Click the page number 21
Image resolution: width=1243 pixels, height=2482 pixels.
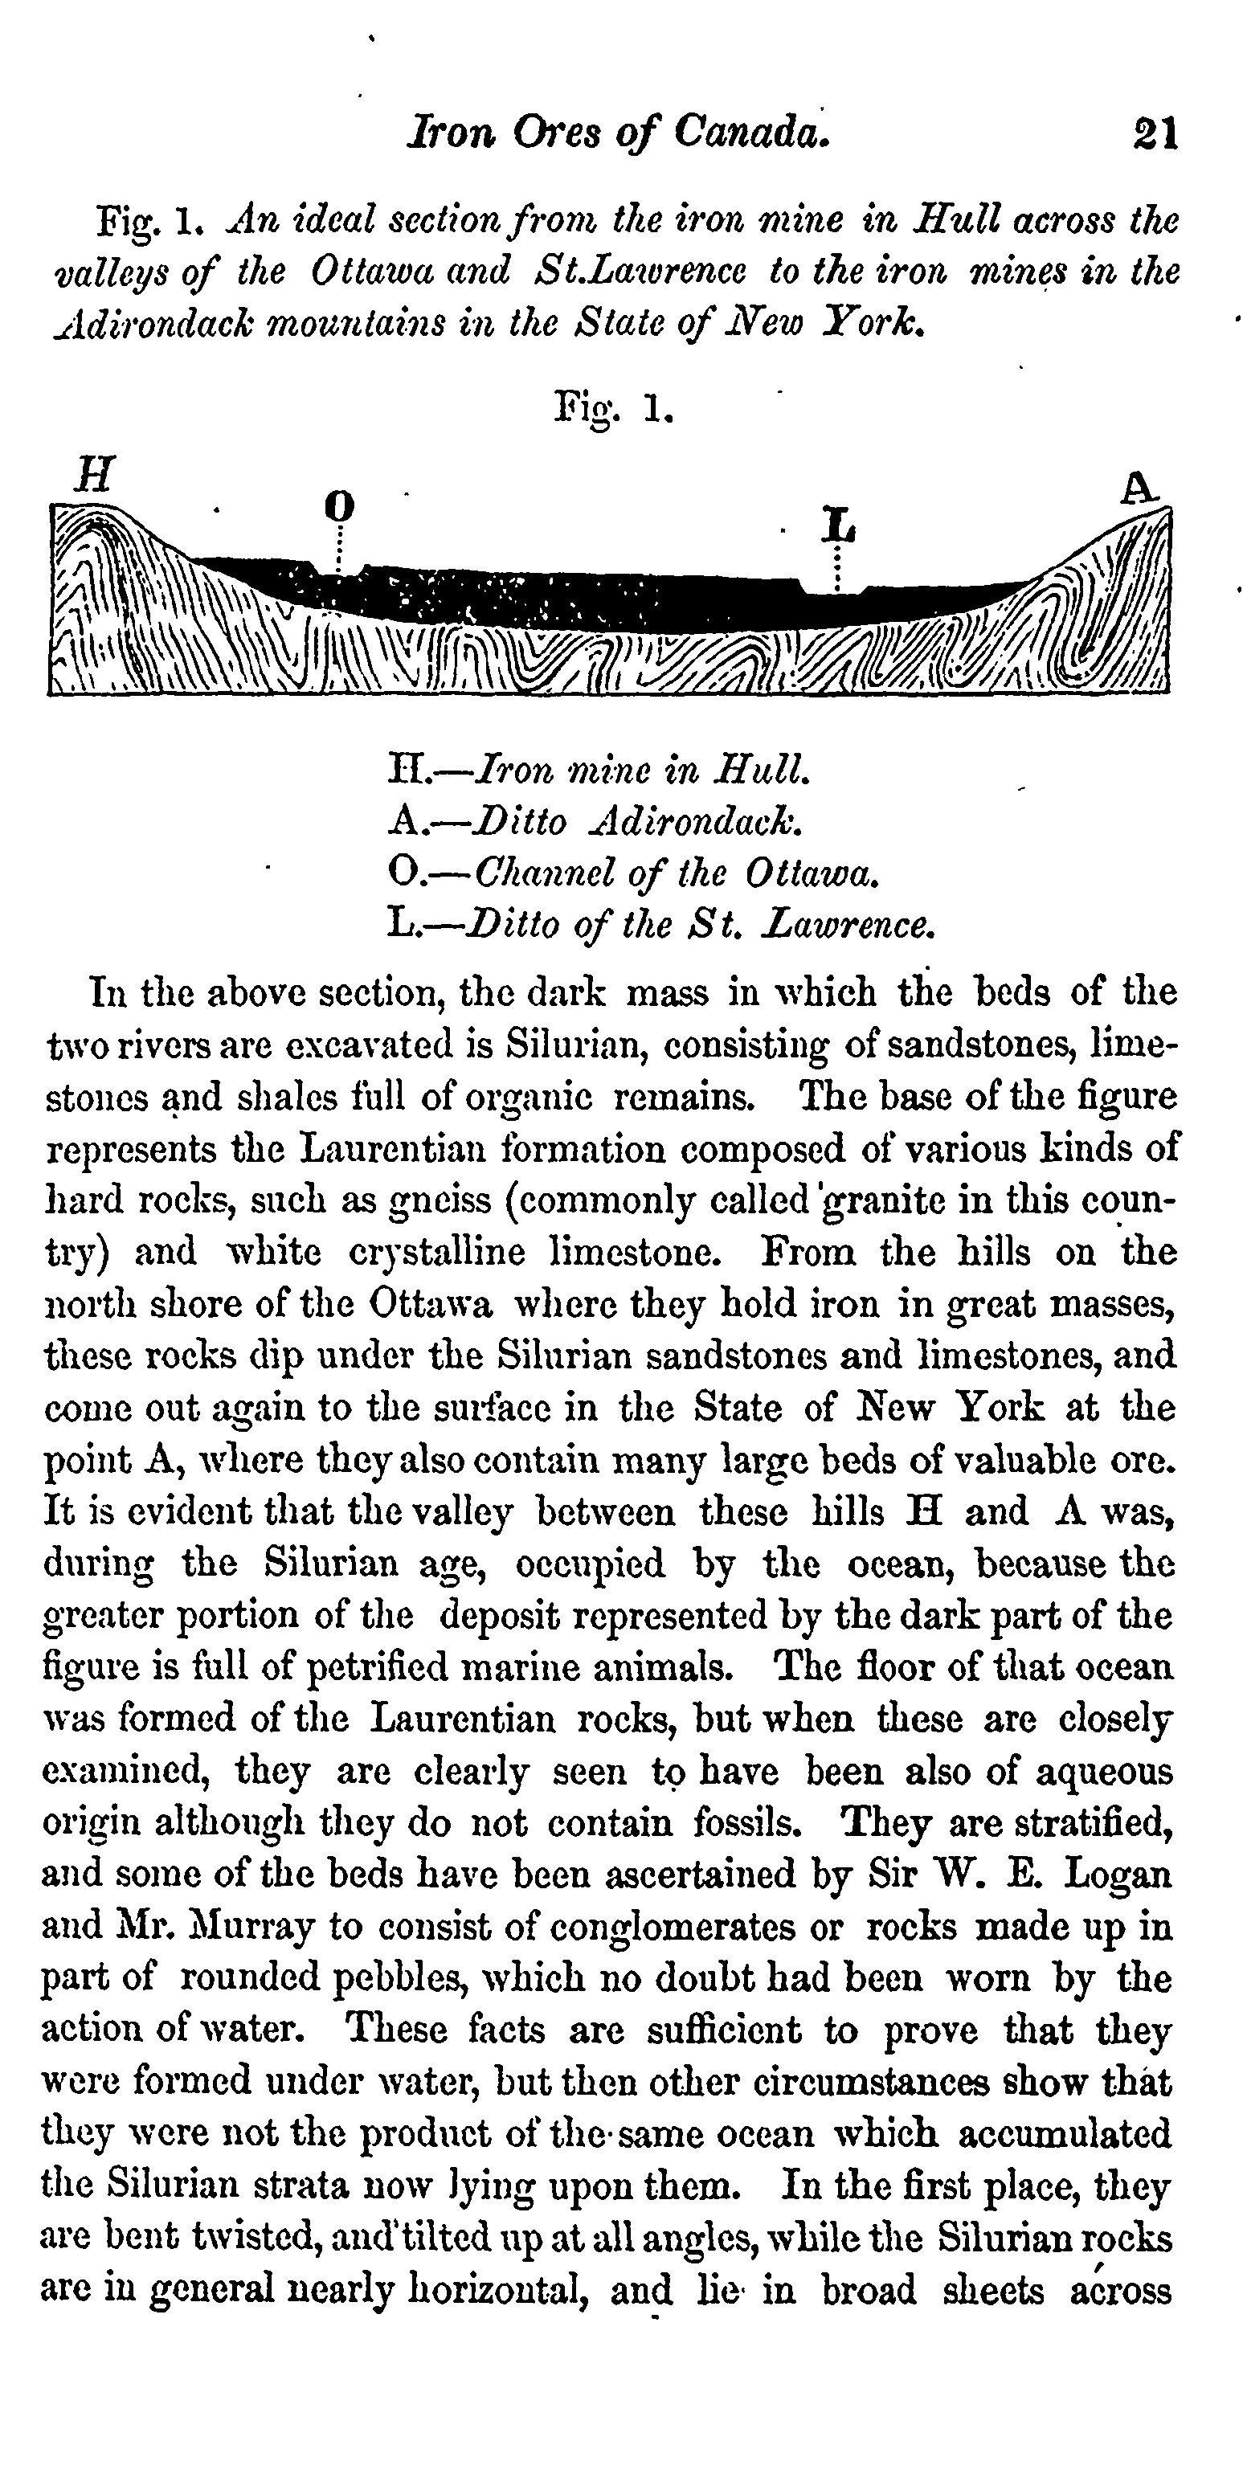coord(1156,133)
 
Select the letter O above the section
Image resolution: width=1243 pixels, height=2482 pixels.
coord(338,505)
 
